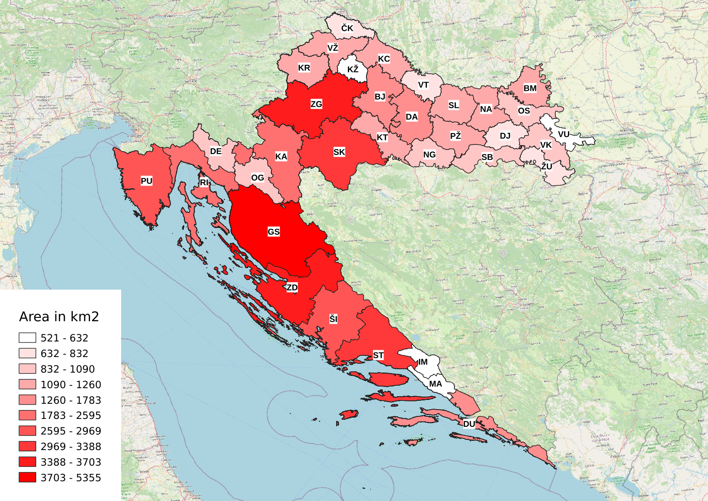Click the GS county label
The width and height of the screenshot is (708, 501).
point(273,232)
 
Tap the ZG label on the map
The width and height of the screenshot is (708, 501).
point(316,104)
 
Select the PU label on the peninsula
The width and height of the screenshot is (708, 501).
point(146,181)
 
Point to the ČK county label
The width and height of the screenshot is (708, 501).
point(347,28)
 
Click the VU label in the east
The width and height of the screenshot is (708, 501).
point(563,134)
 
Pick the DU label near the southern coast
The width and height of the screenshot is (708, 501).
point(469,424)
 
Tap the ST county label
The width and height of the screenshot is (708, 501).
point(378,355)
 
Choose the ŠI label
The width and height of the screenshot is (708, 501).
point(333,319)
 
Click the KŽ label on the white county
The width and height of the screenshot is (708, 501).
point(353,69)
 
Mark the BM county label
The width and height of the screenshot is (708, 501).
point(530,88)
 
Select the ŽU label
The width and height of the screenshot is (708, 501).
point(546,166)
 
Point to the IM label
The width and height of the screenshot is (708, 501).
point(423,362)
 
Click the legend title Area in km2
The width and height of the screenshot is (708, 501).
point(59,317)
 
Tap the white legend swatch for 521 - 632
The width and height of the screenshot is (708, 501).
point(27,338)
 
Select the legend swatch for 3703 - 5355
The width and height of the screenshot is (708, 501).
point(27,477)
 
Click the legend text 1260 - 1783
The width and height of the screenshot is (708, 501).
point(71,400)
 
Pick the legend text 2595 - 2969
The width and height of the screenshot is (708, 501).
point(71,431)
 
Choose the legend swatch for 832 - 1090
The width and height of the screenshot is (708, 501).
point(27,369)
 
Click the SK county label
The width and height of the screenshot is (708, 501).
point(339,152)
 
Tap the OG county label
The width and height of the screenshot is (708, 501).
point(257,178)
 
